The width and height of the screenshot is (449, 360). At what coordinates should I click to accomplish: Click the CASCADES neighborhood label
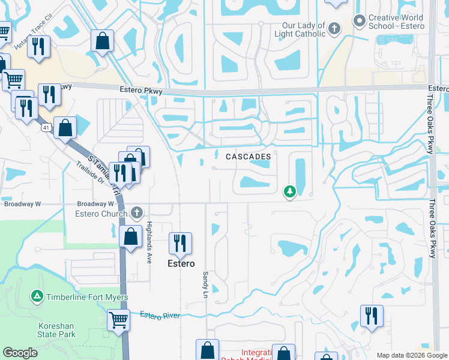point(248,157)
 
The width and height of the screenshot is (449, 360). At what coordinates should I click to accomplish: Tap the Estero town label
point(181,263)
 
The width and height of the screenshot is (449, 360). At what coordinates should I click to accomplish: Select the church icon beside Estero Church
point(137,212)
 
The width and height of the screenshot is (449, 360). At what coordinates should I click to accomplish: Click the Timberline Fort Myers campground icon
point(37,296)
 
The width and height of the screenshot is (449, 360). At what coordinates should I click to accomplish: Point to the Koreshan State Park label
point(56,329)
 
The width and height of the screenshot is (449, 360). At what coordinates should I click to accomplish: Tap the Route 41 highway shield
point(46,127)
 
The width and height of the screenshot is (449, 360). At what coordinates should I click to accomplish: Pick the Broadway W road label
point(22,204)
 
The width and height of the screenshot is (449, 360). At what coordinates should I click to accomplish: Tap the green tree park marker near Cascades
point(290,191)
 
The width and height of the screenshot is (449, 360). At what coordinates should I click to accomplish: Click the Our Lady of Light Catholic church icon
point(334,27)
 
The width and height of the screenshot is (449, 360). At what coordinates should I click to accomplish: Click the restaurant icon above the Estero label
point(180,243)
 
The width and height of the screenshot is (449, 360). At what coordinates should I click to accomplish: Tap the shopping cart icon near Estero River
point(119,319)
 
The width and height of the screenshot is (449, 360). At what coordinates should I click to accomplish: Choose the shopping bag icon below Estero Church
point(130,236)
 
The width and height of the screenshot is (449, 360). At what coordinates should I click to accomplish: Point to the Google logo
point(20,353)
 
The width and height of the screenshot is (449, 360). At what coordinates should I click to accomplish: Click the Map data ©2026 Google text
point(411,355)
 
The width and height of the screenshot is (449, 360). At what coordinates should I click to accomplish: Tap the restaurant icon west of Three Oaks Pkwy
point(372,316)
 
